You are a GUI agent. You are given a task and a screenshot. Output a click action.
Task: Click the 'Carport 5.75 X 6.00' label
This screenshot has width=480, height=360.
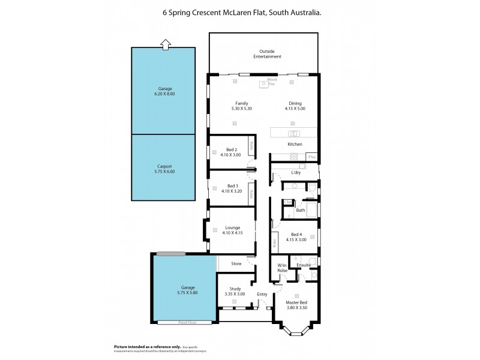[164, 169]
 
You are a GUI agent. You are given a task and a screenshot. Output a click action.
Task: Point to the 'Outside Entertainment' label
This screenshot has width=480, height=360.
[270, 53]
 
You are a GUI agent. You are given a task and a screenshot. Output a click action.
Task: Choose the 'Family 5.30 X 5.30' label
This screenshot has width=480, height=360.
[241, 106]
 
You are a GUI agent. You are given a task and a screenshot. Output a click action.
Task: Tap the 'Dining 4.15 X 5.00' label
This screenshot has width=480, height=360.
[296, 106]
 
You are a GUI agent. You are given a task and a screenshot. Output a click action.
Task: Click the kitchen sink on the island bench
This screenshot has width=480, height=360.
[294, 133]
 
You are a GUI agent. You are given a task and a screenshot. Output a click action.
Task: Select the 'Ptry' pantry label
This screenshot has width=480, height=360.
[311, 157]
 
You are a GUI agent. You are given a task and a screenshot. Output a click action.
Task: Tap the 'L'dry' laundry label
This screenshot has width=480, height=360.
[295, 173]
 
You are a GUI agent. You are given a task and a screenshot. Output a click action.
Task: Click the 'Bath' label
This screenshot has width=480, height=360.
[301, 210]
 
